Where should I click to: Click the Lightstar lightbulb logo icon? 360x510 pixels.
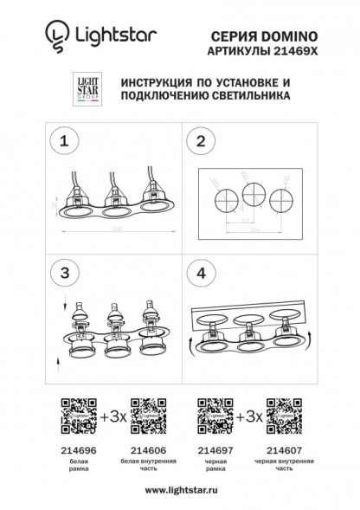click(x=55, y=35)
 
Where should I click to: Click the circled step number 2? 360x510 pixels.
click(x=201, y=140)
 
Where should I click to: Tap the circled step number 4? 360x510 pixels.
click(x=201, y=272)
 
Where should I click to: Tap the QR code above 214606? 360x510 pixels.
click(x=145, y=415)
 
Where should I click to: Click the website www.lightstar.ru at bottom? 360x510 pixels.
click(x=179, y=490)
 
